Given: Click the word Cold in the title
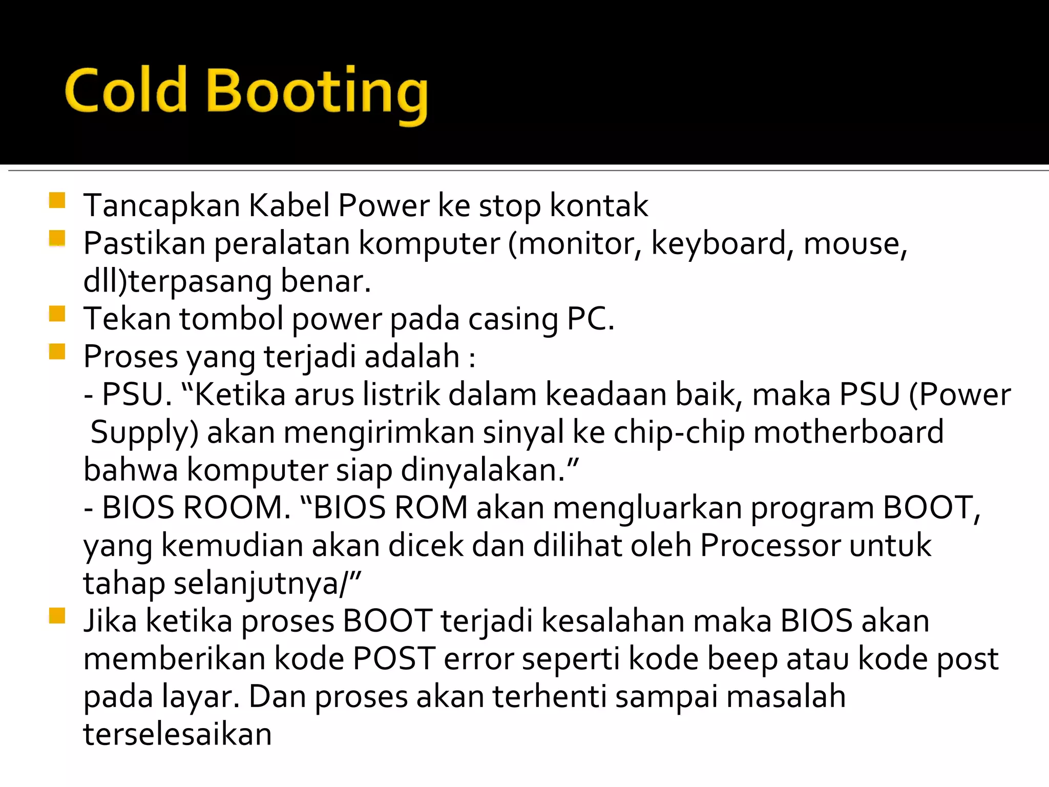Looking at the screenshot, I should coord(126,91).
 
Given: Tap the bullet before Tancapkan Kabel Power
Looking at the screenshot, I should coord(57,200).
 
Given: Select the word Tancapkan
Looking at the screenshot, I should coord(161,206).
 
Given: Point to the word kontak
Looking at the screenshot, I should coord(599,206).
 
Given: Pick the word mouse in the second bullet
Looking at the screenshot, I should coord(855,244).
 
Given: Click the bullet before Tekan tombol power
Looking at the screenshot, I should coord(57,314).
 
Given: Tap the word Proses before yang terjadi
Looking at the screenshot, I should coord(131,357).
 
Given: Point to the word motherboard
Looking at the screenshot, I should coord(849,432).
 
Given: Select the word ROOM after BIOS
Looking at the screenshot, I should coord(236,508).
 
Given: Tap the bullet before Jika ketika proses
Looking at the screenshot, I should coord(57,616).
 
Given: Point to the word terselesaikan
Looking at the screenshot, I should coord(177,735).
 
